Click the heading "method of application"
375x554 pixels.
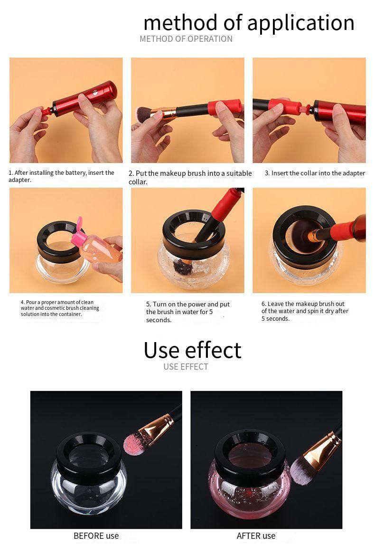249,23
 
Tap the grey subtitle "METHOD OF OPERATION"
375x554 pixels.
186,39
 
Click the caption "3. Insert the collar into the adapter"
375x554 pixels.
315,173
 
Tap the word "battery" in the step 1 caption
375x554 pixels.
75,173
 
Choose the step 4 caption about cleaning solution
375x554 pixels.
60,308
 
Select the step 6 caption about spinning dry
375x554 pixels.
305,311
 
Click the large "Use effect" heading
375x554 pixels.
192,350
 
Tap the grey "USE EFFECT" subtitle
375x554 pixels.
186,367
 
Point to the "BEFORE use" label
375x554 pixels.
96,536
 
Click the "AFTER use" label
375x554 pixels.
256,536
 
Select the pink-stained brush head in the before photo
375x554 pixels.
135,443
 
